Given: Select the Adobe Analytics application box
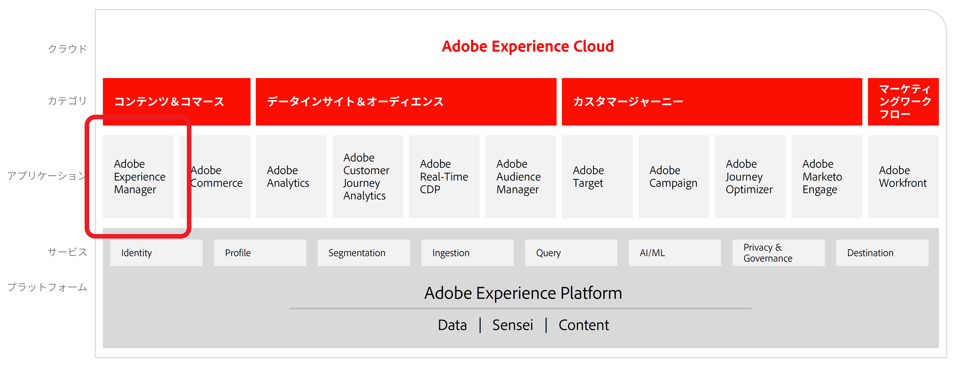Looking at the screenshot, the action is pyautogui.click(x=291, y=176).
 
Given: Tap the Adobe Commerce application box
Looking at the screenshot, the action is pyautogui.click(x=215, y=176).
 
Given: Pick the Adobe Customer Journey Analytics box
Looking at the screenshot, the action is pyautogui.click(x=368, y=176).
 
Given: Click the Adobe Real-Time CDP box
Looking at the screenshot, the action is pyautogui.click(x=444, y=176).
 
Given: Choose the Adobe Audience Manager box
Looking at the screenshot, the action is pyautogui.click(x=521, y=176).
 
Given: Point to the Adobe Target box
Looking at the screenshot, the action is pyautogui.click(x=597, y=176).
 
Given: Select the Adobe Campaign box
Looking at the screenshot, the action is pyautogui.click(x=674, y=176).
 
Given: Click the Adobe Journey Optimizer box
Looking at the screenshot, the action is pyautogui.click(x=750, y=176).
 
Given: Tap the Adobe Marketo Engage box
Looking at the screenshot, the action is pyautogui.click(x=827, y=176).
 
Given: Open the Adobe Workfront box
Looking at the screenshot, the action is pyautogui.click(x=903, y=176).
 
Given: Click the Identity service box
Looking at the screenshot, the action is pyautogui.click(x=156, y=253).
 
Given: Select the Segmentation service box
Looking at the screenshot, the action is pyautogui.click(x=364, y=253).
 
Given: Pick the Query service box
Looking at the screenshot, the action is pyautogui.click(x=571, y=253).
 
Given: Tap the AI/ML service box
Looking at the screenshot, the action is pyautogui.click(x=675, y=253).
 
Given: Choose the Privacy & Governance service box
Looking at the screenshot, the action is pyautogui.click(x=779, y=253).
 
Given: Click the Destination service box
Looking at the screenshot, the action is pyautogui.click(x=882, y=253).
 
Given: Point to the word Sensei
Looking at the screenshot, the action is pyautogui.click(x=513, y=325).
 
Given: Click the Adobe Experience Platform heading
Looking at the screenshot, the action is pyautogui.click(x=523, y=293).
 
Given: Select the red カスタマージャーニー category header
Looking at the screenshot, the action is pyautogui.click(x=712, y=102).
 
